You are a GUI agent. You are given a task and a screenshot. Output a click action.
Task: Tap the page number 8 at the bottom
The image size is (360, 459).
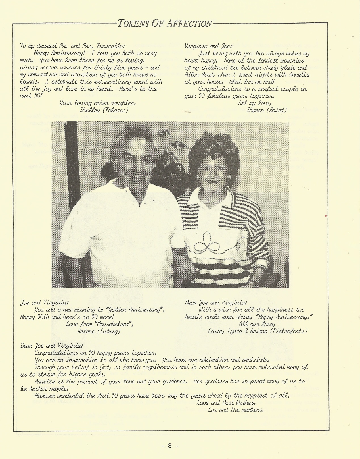(169, 446)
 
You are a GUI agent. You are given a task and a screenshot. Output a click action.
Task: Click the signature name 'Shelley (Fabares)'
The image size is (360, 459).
(104, 110)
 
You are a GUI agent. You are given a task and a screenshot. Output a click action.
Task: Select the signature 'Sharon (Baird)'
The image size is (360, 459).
(267, 110)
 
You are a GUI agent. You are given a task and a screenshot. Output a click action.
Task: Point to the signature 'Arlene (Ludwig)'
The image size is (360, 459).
(99, 331)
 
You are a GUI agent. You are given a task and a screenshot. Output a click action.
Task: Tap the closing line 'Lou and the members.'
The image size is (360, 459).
(236, 410)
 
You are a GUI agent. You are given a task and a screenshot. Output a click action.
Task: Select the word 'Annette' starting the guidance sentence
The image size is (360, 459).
(44, 381)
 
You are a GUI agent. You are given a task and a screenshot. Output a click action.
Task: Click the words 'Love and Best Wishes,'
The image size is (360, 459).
(226, 403)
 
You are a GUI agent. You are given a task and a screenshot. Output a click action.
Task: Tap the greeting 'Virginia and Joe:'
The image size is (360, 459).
(208, 46)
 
